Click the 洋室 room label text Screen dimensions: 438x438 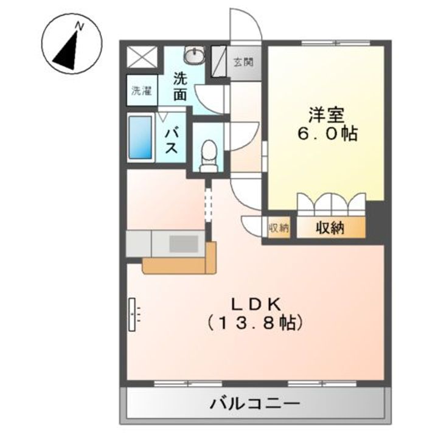(327, 114)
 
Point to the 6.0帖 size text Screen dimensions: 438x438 (327, 134)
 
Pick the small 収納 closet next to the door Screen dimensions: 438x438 (279, 228)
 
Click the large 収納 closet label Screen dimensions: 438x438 (330, 228)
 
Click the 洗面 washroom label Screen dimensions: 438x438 (179, 86)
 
